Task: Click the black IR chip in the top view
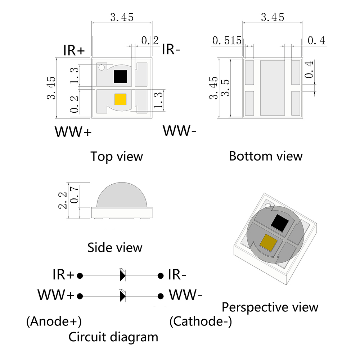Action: point(120,76)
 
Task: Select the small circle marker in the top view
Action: point(102,67)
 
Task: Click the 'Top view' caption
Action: point(117,157)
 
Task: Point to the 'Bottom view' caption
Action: point(266,156)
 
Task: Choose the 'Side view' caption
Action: point(115,248)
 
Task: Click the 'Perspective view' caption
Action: point(270,307)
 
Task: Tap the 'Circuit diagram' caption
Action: point(113,337)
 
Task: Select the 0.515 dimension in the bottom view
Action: point(227,41)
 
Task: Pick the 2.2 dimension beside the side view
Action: point(63,200)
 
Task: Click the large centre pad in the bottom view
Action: point(272,87)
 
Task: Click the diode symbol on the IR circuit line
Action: point(123,275)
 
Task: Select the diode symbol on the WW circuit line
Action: point(123,296)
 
